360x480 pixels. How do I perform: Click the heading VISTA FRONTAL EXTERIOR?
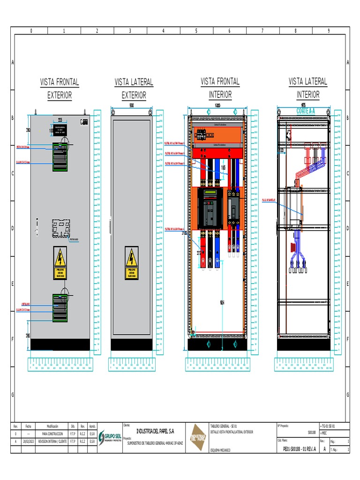[x=60, y=89]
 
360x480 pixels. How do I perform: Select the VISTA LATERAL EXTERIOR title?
[x=134, y=89]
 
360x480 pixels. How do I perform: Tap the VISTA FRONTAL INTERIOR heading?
[x=220, y=88]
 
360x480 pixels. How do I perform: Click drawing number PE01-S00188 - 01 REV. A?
[x=300, y=449]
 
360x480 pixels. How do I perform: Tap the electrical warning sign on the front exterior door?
[x=60, y=263]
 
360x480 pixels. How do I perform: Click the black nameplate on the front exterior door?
[x=60, y=130]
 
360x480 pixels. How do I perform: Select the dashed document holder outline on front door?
[x=60, y=229]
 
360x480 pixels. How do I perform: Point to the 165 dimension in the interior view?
[x=223, y=167]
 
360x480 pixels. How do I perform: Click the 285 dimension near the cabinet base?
[x=28, y=335]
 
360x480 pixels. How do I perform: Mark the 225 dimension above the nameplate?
[x=60, y=119]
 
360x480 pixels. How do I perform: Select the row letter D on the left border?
[x=12, y=228]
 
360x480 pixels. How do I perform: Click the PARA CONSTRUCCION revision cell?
[x=52, y=434]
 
